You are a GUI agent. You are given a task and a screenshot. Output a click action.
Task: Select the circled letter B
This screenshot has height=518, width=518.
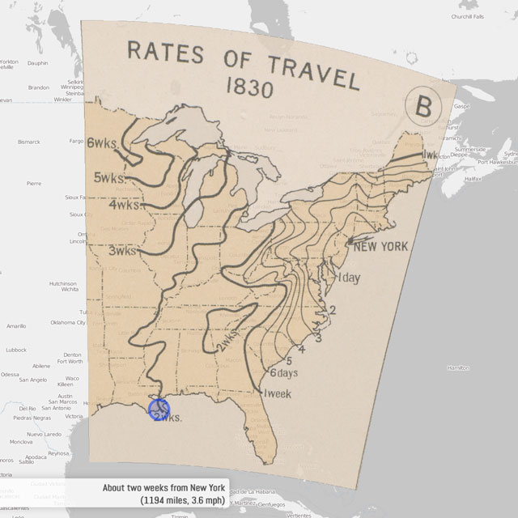424,106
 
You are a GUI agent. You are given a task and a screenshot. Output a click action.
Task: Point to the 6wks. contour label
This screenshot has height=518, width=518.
102,143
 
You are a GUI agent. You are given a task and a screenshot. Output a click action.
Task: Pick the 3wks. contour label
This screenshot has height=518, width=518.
121,251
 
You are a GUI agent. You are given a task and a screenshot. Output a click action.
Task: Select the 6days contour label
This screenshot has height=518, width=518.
284,373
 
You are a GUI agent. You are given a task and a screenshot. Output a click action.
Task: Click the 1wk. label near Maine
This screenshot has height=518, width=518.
430,154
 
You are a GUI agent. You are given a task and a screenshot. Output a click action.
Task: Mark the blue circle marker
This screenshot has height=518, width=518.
159,408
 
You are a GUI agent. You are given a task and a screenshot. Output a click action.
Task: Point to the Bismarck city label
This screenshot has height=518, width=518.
29,142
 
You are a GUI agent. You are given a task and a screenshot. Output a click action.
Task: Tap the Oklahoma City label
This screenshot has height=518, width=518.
68,322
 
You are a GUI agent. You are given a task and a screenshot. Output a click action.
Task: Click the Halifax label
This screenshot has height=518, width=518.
473,178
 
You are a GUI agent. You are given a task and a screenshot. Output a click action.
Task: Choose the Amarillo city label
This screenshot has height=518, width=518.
16,326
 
